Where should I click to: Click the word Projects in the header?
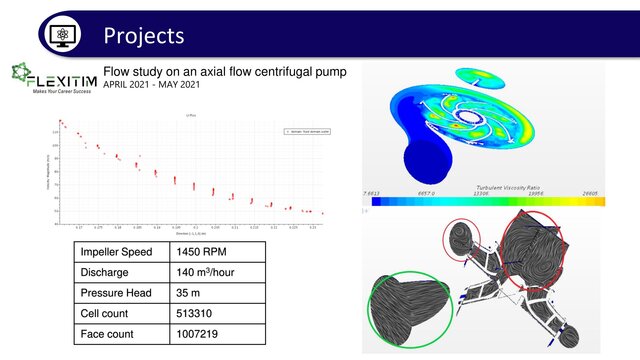click(144, 36)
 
